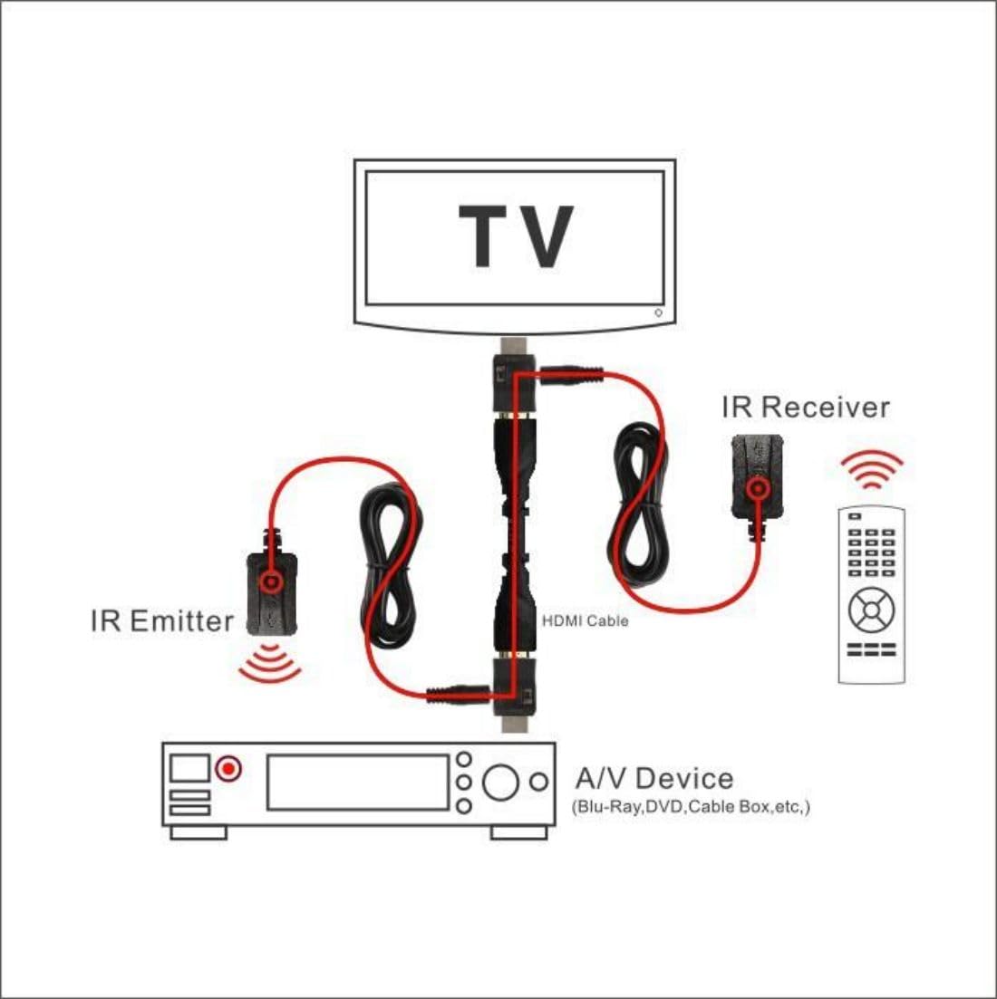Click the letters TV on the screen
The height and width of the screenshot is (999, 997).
(516, 236)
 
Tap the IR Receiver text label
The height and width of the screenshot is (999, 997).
(805, 408)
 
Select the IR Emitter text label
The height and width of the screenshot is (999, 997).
(162, 621)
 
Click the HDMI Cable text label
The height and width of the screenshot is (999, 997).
(585, 620)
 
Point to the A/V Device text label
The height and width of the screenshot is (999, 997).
(654, 778)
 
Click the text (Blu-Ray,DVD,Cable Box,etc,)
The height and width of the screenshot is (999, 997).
(691, 807)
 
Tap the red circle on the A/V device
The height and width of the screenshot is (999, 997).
(228, 769)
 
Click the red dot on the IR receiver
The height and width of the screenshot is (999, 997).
(758, 489)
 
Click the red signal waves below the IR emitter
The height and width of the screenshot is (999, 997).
(270, 664)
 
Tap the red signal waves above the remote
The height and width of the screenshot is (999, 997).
(871, 469)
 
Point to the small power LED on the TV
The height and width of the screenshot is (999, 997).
(659, 312)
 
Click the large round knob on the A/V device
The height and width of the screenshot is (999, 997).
(500, 782)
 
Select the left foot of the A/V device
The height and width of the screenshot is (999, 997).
(198, 832)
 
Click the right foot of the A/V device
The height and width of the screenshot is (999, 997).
(519, 832)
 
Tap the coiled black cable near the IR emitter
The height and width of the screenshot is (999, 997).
(388, 566)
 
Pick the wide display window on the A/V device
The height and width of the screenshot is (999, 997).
(358, 783)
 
